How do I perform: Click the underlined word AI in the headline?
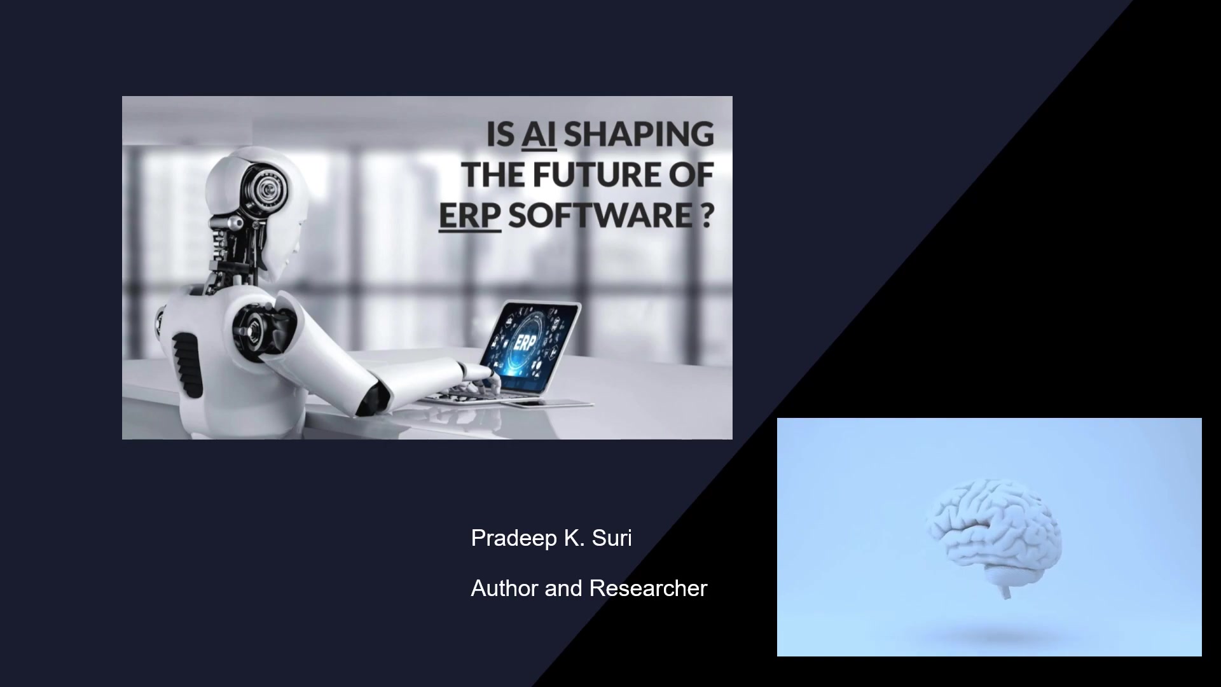(539, 135)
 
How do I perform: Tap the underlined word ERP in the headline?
(470, 215)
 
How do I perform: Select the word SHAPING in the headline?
(638, 135)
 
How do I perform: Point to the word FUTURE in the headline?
(595, 175)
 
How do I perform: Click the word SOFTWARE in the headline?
(600, 215)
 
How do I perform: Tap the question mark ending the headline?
(706, 215)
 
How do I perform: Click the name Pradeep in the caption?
(514, 539)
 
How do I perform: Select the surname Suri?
(612, 538)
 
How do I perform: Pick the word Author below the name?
(505, 588)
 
